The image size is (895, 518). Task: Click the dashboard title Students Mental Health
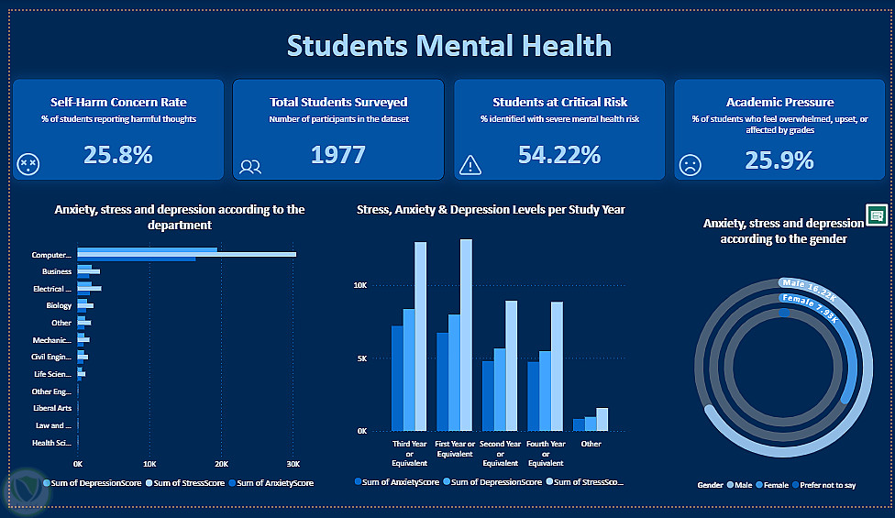(448, 45)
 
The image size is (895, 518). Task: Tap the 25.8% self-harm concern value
(117, 155)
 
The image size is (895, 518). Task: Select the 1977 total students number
(337, 155)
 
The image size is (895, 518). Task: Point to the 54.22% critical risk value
(558, 155)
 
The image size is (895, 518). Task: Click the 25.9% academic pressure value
(779, 161)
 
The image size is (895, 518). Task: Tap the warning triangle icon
(470, 165)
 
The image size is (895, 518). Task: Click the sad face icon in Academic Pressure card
(690, 166)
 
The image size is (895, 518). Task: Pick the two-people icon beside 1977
(250, 167)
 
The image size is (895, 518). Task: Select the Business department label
(56, 272)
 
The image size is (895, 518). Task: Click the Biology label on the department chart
(59, 306)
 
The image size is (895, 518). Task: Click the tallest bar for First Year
(466, 335)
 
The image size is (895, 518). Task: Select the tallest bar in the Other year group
(602, 419)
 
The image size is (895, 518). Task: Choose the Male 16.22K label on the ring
(808, 289)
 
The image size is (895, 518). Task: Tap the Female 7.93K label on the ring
(810, 308)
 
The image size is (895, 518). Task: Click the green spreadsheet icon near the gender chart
(877, 215)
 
